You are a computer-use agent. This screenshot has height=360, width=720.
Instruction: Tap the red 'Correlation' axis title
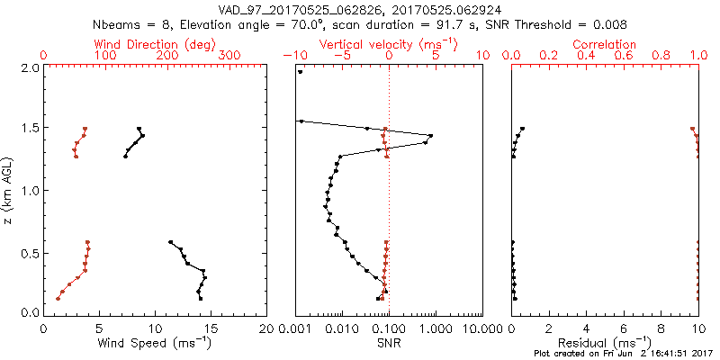[605, 44]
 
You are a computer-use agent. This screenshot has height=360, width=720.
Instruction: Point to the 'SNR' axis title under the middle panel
[389, 342]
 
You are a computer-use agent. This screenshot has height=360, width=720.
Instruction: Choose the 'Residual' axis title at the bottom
[604, 342]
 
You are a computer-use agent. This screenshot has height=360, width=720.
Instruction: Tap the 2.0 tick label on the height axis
[30, 67]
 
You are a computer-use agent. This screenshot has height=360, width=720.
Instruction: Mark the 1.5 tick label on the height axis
[30, 129]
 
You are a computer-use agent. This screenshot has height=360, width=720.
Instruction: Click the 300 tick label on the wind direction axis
[229, 56]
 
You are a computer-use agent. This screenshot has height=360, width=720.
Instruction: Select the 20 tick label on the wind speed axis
[266, 329]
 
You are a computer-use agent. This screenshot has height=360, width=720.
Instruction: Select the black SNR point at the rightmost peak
[431, 136]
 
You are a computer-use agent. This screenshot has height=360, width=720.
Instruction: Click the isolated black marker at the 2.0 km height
[300, 72]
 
